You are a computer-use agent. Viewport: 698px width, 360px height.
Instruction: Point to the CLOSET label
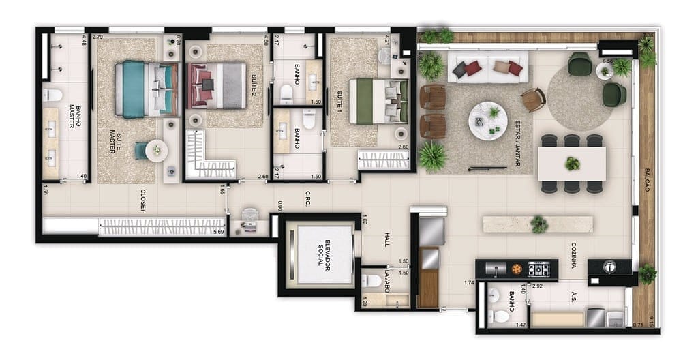point(143,200)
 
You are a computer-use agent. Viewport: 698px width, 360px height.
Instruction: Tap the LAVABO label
point(386,281)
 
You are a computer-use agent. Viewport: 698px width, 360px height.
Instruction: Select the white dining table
point(571,164)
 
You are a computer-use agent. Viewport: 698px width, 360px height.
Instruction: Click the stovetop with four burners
point(538,269)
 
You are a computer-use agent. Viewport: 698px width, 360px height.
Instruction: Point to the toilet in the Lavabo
point(372,280)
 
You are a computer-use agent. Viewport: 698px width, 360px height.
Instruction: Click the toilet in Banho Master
point(52,95)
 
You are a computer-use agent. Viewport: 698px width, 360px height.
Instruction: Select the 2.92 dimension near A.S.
point(537,286)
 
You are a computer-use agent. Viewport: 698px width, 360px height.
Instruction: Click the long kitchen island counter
point(537,224)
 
